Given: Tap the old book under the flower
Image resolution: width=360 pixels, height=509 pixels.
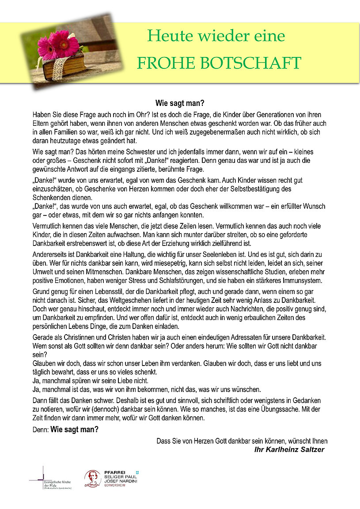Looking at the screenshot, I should pyautogui.click(x=66, y=66).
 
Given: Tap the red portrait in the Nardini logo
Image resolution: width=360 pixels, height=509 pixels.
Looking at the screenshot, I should pyautogui.click(x=91, y=478).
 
